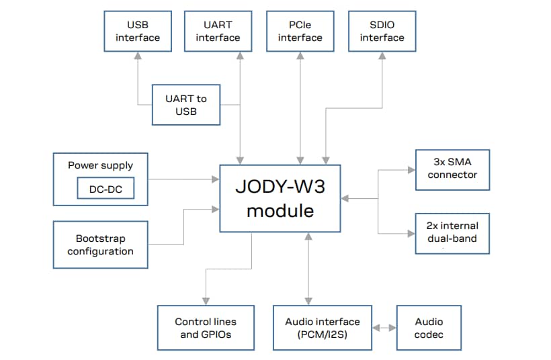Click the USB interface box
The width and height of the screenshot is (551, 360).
coord(138,32)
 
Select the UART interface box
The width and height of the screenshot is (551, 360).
coord(218,32)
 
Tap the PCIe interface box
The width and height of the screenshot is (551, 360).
coord(300,32)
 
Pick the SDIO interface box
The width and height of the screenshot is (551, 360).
coord(382,32)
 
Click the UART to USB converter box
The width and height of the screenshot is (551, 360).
coord(186,105)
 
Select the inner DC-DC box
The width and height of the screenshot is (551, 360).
coord(105,189)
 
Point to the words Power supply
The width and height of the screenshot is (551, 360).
coord(100,165)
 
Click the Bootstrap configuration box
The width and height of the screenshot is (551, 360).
coord(100,244)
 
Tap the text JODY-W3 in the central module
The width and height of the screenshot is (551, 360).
coord(280,186)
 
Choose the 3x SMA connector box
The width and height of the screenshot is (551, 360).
coord(452,169)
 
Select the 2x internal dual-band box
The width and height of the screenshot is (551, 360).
coord(452,233)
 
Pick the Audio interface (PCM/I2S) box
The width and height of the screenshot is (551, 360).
coord(323,328)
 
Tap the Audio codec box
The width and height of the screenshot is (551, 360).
coord(429,328)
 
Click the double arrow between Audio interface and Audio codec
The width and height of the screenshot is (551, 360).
coord(384,328)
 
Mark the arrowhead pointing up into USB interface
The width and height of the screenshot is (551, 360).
coord(138,56)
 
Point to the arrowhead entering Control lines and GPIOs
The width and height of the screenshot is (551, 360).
coord(206,301)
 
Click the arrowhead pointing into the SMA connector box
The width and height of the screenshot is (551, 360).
coord(411,169)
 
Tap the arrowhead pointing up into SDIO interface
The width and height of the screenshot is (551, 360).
coord(382,56)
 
